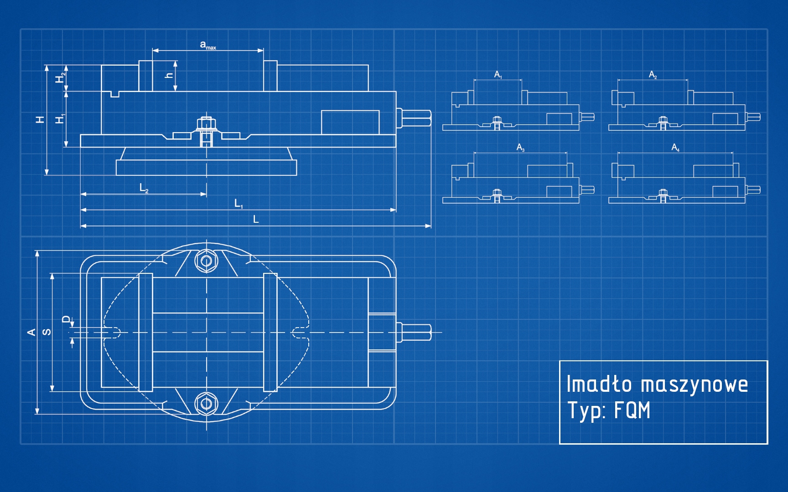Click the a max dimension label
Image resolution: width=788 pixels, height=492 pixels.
[x=207, y=45]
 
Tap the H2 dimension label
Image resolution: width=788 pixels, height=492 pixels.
[x=60, y=78]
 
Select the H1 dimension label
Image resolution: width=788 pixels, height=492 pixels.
[x=60, y=119]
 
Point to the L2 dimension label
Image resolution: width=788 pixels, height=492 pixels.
[x=144, y=188]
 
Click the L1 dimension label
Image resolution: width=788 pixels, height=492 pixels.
[x=238, y=204]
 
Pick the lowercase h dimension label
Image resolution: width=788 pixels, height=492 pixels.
[x=169, y=75]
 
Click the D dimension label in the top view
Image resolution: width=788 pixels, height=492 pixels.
[x=67, y=319]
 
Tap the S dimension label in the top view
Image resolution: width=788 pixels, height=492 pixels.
[x=47, y=332]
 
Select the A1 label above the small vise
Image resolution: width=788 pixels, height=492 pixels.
[x=498, y=74]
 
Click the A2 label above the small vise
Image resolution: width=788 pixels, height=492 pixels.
[x=653, y=74]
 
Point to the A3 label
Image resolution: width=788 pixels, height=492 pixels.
[x=520, y=147]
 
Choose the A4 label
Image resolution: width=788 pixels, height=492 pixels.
[x=675, y=147]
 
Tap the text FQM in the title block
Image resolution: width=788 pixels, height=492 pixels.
[x=632, y=410]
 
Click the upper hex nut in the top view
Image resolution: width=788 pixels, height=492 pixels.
[x=206, y=261]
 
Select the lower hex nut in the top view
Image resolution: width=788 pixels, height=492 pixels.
[x=206, y=404]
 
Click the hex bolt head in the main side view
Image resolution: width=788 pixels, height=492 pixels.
[x=206, y=123]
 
